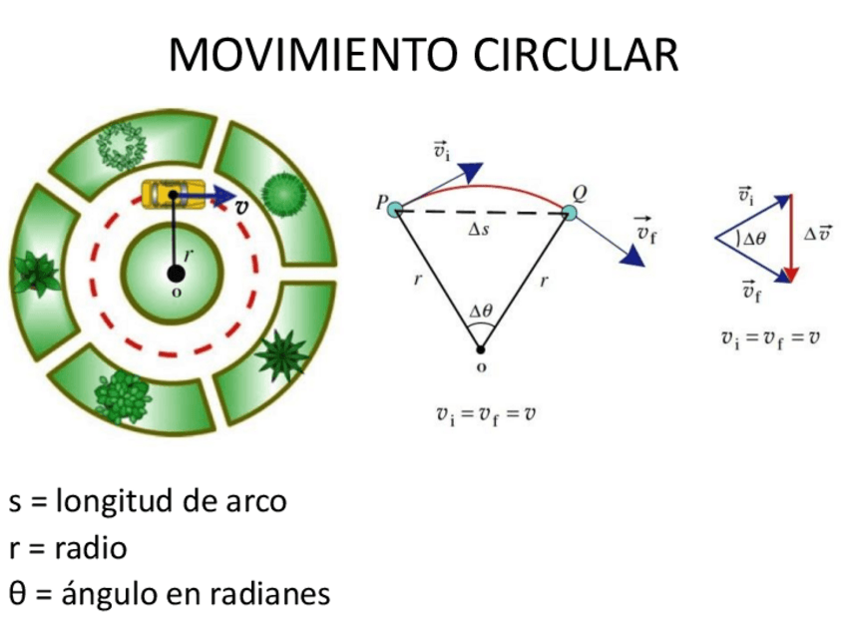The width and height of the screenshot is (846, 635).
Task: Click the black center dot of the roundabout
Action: click(176, 274)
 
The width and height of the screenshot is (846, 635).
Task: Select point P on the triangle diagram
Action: click(394, 209)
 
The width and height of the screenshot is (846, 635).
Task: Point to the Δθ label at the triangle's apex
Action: click(481, 312)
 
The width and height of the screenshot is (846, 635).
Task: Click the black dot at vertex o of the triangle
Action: click(481, 348)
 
